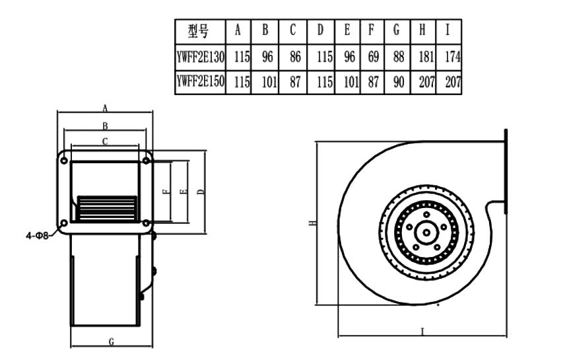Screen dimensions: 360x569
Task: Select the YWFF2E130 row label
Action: coord(201,57)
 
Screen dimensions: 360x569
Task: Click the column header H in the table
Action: coord(422,30)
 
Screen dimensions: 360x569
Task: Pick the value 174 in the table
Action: coord(452,57)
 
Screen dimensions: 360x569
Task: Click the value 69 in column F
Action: coord(373,57)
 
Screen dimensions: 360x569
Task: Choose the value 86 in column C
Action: coord(294,57)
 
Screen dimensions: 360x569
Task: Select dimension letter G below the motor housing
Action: coord(112,341)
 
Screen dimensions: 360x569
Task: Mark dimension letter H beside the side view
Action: coord(311,223)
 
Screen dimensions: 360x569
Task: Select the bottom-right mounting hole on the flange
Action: coord(146,223)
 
